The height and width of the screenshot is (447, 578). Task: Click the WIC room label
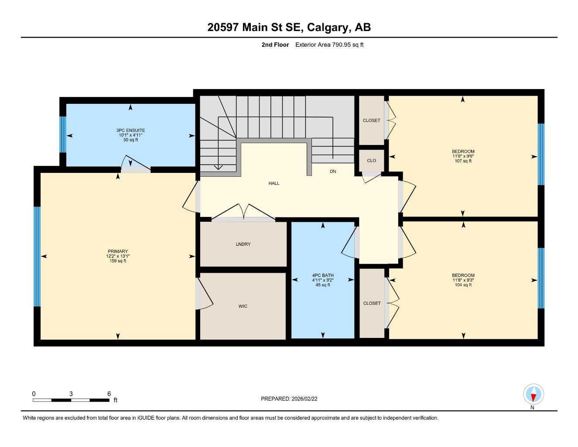pos(243,306)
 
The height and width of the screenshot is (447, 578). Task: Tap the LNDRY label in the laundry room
pos(243,244)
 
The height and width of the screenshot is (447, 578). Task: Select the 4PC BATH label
pos(323,275)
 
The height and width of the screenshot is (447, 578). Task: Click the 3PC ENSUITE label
pos(130,131)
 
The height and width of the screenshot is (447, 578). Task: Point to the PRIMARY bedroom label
pos(118,251)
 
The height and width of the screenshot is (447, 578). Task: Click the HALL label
pos(274,183)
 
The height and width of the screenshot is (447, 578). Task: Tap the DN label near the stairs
pos(333,172)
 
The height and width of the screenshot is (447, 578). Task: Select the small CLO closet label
pos(371,161)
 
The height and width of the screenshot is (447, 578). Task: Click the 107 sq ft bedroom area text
pos(463,161)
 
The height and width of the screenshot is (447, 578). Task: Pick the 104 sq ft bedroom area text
pos(463,285)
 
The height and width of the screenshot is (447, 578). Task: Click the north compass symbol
pos(533,395)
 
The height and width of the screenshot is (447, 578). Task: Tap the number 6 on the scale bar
pos(109,394)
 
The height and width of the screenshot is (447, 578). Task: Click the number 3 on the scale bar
pos(71,394)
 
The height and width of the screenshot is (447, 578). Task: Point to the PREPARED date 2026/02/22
pos(289,399)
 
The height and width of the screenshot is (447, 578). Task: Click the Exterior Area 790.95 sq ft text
pos(329,45)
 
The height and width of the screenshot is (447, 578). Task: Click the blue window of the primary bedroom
pos(37,257)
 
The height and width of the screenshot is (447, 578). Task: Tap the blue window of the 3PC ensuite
pos(63,134)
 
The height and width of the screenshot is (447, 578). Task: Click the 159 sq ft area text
pos(118,261)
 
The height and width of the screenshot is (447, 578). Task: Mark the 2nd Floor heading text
pos(275,45)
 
